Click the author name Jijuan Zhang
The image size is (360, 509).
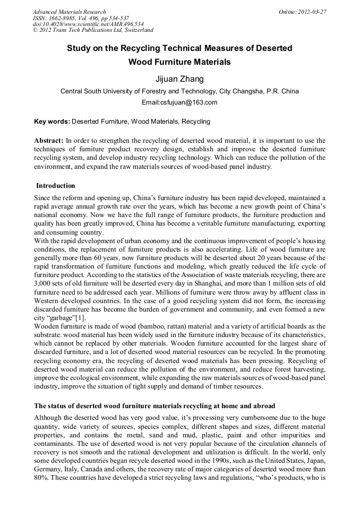coord(179,79)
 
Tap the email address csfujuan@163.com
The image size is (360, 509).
coord(179,102)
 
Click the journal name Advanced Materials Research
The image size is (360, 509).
coord(69,12)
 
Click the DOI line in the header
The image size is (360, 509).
coord(80,24)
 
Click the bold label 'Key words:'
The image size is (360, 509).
coord(52,122)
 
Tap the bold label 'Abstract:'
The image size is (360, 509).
coord(48,141)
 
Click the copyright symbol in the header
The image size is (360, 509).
coord(36,31)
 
